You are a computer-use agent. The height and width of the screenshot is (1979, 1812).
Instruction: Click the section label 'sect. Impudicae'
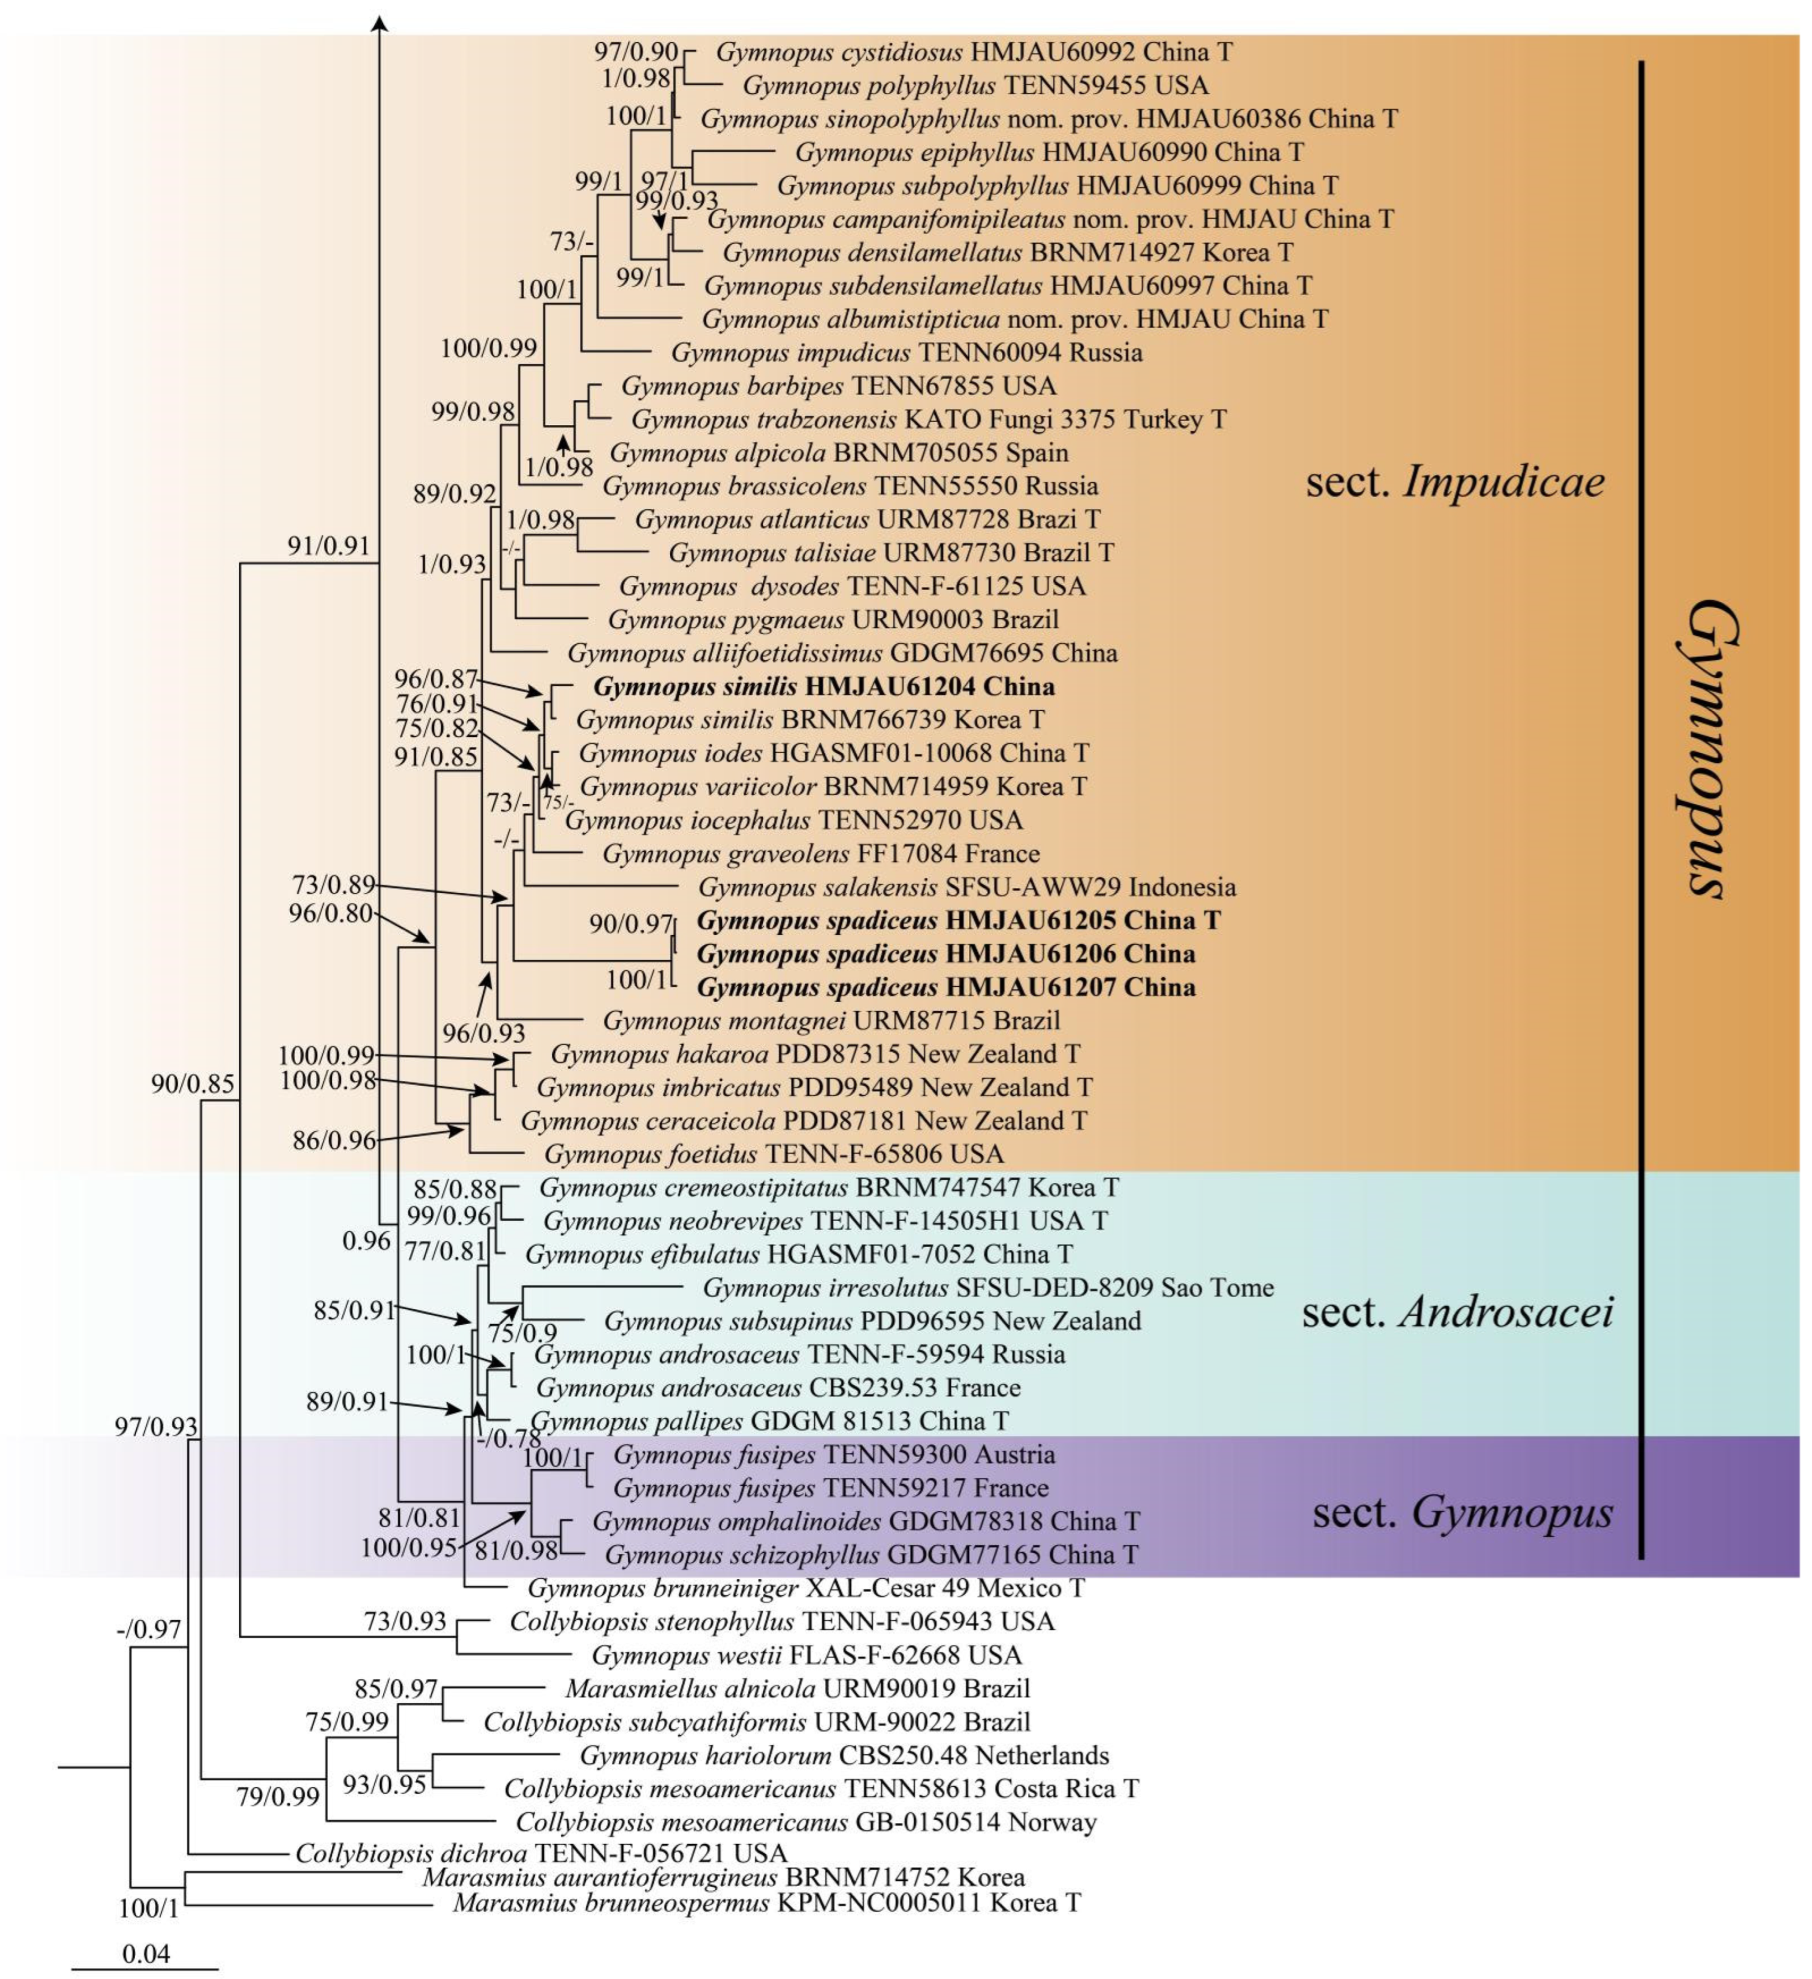(1455, 482)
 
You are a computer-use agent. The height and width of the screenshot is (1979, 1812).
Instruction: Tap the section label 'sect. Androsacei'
(1457, 1313)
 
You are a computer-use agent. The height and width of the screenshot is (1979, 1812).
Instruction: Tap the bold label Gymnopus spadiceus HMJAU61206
(945, 953)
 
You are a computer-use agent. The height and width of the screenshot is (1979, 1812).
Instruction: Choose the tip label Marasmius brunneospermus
(766, 1903)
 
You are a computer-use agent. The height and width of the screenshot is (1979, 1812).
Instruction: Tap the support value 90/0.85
(192, 1084)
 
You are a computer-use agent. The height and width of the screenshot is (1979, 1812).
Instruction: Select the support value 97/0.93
(156, 1426)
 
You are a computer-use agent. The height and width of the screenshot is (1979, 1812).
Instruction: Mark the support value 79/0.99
(277, 1797)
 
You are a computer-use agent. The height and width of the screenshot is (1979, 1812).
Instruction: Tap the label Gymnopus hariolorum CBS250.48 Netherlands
(844, 1755)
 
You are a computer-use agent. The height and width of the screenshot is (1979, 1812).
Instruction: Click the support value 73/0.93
(404, 1622)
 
